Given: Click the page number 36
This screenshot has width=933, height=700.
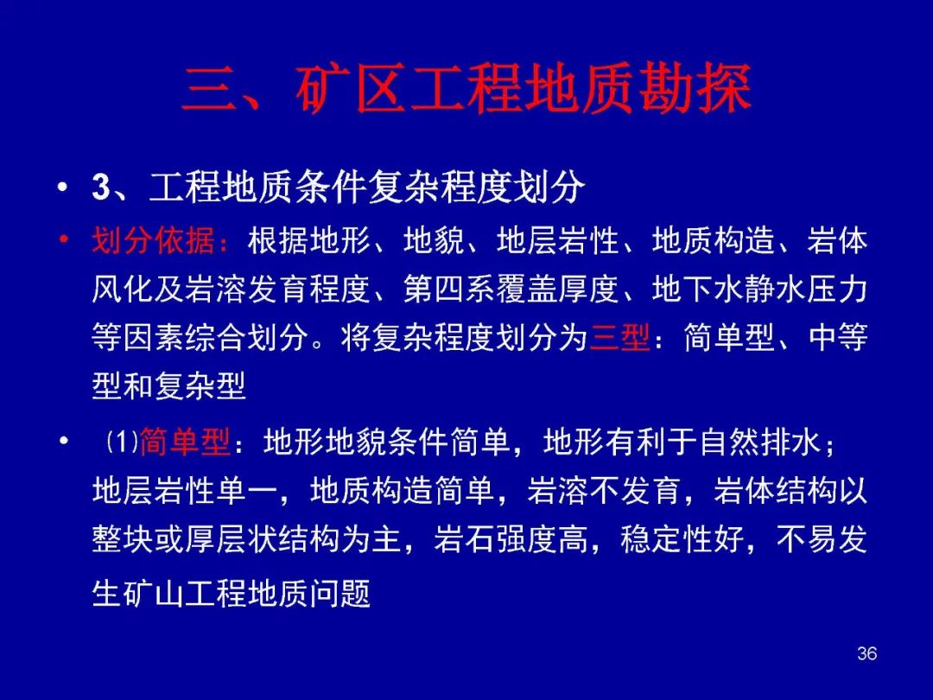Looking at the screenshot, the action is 867,653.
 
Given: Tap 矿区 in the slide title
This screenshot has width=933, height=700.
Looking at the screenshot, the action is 351,89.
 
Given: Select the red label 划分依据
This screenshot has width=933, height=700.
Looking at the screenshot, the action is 153,241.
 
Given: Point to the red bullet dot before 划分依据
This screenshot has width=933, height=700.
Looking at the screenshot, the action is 62,240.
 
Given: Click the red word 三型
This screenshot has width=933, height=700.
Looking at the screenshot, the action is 619,338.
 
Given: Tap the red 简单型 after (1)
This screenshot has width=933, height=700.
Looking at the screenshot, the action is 185,442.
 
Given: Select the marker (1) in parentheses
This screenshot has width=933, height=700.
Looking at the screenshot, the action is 122,442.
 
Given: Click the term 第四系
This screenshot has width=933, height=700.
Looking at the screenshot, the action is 449,290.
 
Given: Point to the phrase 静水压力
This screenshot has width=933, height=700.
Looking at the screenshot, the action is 806,290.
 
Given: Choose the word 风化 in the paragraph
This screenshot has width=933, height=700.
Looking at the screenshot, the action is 122,290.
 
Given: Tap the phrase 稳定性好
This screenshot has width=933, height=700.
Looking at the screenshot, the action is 682,539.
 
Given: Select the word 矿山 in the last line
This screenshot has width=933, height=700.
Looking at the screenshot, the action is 153,594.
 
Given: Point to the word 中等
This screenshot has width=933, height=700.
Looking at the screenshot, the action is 837,338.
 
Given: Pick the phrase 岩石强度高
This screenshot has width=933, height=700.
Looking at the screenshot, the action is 511,539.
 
